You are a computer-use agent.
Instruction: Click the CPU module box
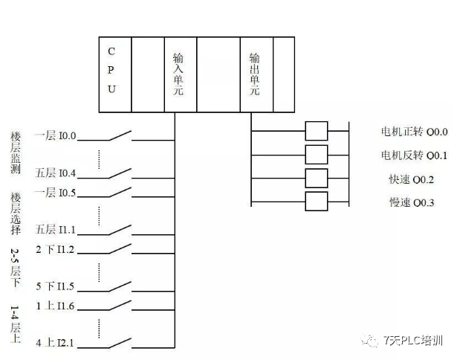tap(114, 74)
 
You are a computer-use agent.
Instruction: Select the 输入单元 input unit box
tap(179, 74)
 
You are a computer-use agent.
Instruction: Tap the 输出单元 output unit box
tap(256, 74)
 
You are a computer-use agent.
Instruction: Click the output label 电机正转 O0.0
tap(414, 132)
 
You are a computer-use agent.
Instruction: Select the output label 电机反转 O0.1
tap(414, 155)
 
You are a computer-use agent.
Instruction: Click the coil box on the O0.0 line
tap(317, 131)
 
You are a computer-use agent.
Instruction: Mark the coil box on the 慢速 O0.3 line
tap(317, 202)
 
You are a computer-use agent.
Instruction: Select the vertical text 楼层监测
tap(16, 152)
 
